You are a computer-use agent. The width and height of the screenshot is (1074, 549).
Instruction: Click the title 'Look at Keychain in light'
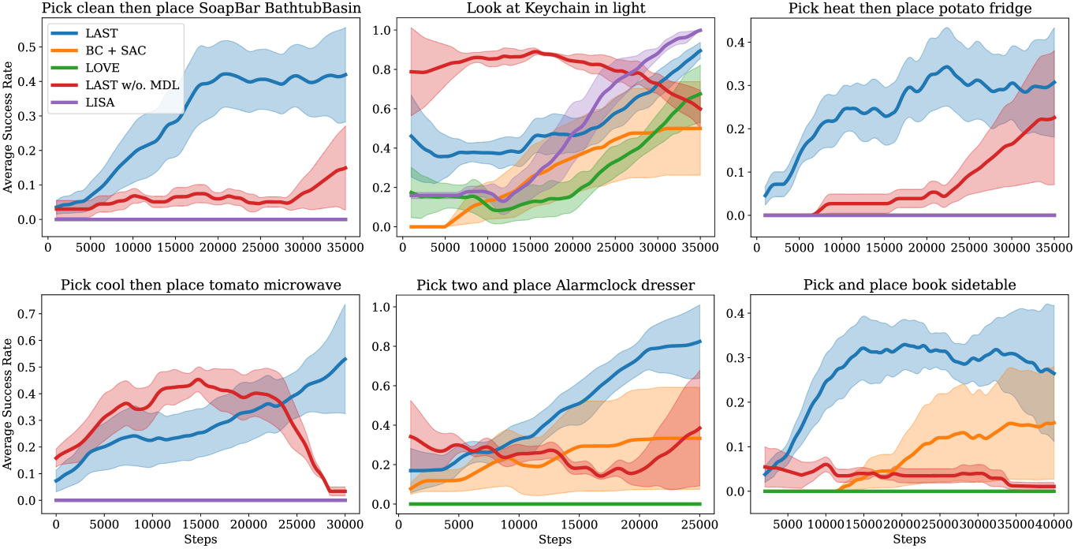coord(556,9)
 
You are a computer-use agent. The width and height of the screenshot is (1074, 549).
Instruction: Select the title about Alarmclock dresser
coord(556,285)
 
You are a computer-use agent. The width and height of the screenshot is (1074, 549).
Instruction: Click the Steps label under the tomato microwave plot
coord(201,540)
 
